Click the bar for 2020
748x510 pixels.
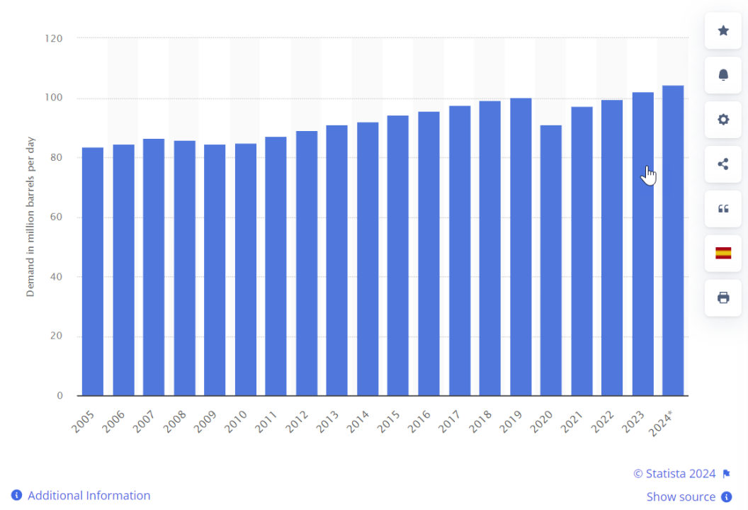point(551,260)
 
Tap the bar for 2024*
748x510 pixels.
point(673,240)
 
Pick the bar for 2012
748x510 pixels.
point(307,263)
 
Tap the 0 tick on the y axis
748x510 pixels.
point(60,395)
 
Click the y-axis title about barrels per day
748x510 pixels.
point(30,216)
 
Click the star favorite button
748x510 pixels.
point(723,30)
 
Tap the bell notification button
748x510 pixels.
point(723,75)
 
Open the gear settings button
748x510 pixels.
point(723,120)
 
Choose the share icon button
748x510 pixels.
point(723,164)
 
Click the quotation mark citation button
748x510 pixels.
point(723,209)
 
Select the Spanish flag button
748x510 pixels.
point(723,253)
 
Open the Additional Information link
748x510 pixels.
point(89,496)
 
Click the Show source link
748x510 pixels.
point(681,497)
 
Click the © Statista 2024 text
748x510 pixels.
point(674,474)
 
